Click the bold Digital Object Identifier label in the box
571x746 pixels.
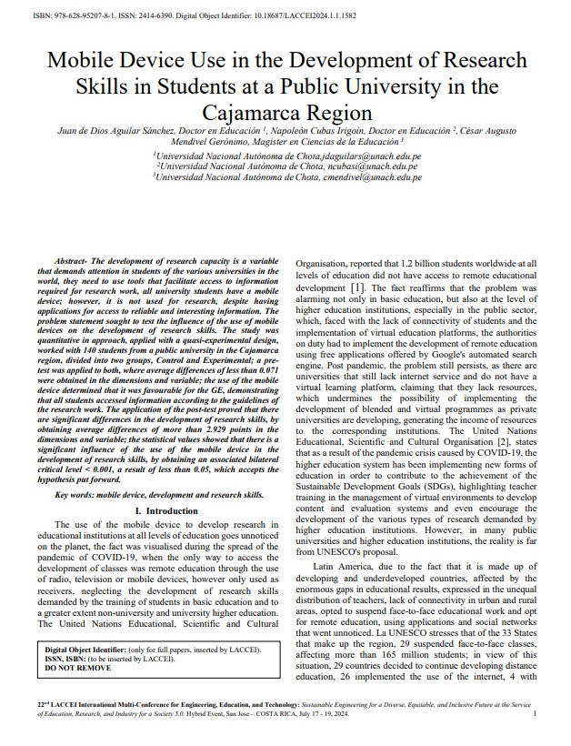(88, 650)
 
